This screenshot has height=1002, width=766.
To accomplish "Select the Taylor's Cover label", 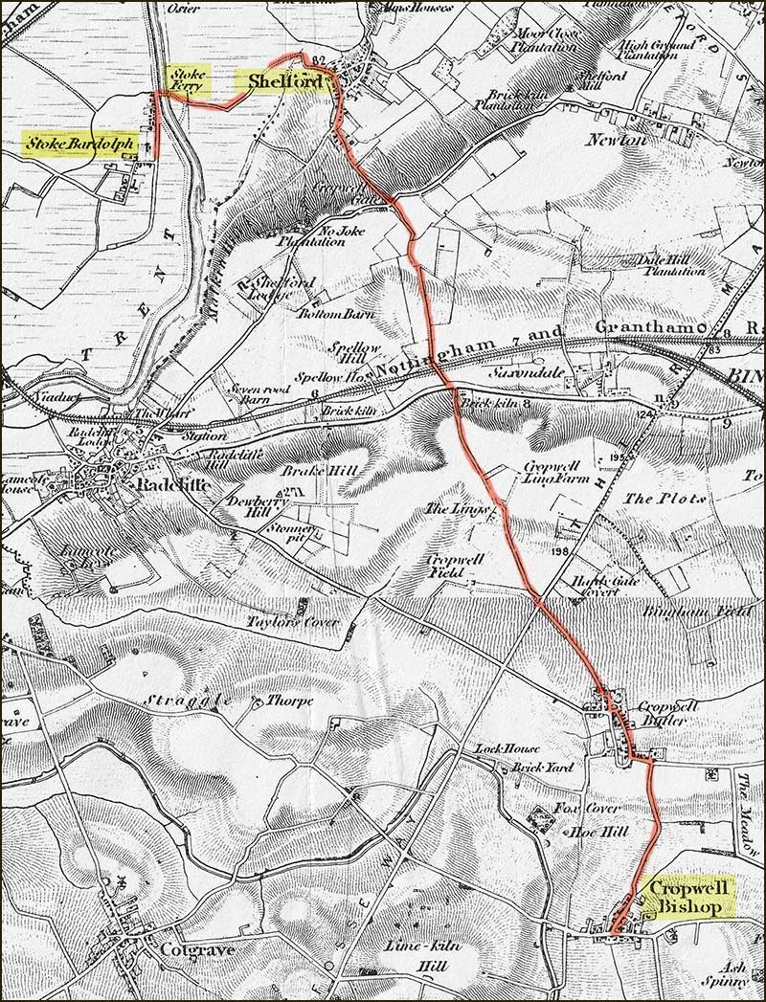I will (x=281, y=621).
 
